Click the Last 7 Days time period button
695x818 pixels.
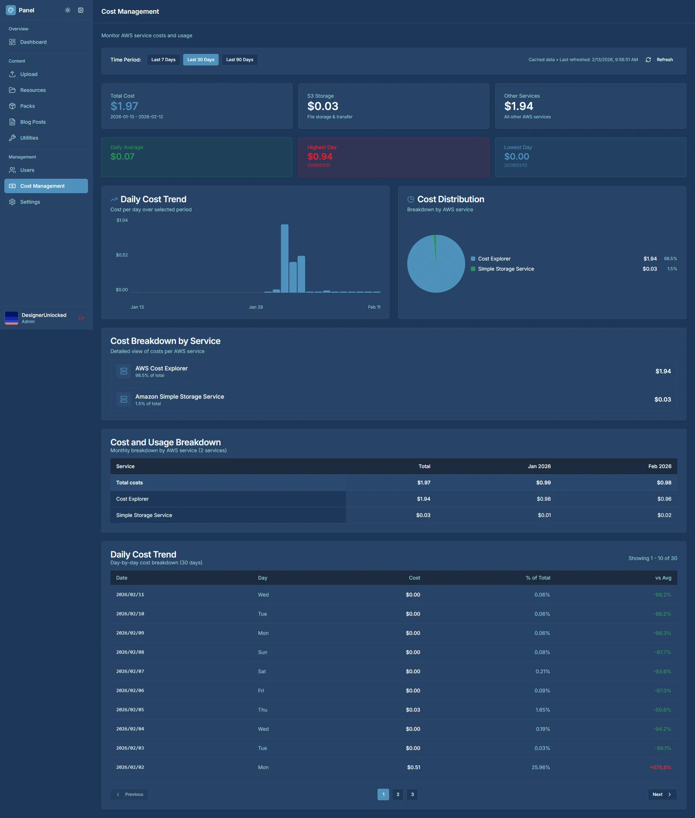(x=163, y=59)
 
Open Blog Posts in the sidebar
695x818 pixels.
(x=33, y=122)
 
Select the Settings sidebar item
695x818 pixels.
(x=30, y=202)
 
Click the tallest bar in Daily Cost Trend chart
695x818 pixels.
(x=285, y=258)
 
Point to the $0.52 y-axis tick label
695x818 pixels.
(x=122, y=255)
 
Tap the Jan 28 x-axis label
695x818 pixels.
(x=256, y=307)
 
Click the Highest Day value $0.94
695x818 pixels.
(x=320, y=156)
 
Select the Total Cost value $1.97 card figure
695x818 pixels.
(x=124, y=106)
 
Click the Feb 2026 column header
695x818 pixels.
(x=660, y=466)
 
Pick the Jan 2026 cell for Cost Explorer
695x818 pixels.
(x=543, y=499)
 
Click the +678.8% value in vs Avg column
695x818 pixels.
(x=660, y=767)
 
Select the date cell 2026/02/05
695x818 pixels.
(x=130, y=710)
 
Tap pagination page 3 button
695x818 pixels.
(x=412, y=794)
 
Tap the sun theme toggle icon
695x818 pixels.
(x=68, y=10)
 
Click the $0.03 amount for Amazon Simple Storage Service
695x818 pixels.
(x=662, y=399)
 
